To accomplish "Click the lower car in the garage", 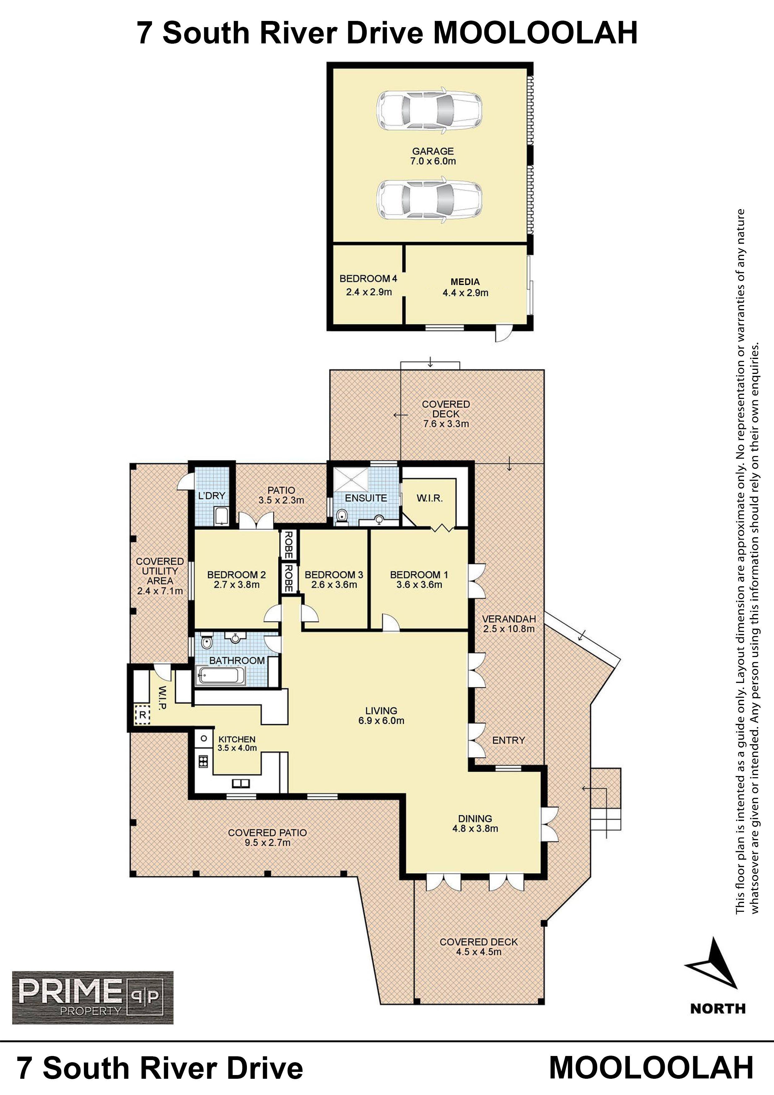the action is click(x=429, y=199).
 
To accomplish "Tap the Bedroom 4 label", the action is click(x=368, y=278).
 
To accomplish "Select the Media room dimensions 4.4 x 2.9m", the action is click(x=465, y=293).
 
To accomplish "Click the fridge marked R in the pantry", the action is click(x=142, y=714).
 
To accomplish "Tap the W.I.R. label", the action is click(x=430, y=498).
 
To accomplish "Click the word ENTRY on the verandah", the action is click(x=508, y=740).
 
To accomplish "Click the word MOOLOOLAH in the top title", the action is click(x=536, y=32).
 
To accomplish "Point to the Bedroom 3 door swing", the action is click(x=309, y=612).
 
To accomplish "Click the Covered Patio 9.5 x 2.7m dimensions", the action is click(x=267, y=843).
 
